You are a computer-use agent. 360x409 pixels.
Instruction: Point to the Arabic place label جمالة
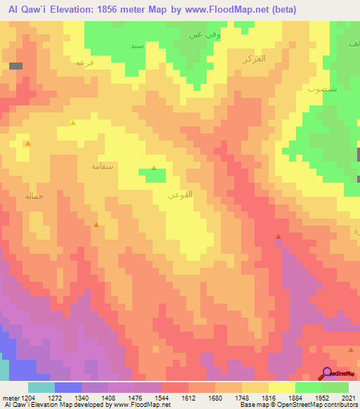click(34, 195)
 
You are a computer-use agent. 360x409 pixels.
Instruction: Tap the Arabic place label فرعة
click(84, 63)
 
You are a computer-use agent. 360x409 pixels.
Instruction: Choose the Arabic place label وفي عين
click(199, 34)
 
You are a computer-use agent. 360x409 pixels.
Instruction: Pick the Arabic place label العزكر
click(253, 58)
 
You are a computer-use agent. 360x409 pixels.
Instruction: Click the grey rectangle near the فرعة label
click(15, 66)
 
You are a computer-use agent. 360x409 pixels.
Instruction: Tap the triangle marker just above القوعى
click(154, 167)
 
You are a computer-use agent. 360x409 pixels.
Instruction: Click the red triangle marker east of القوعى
click(278, 237)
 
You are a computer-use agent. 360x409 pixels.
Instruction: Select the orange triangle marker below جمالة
click(96, 225)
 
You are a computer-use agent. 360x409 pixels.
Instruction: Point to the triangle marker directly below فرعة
click(72, 122)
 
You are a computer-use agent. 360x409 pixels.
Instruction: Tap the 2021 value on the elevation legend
click(349, 398)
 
